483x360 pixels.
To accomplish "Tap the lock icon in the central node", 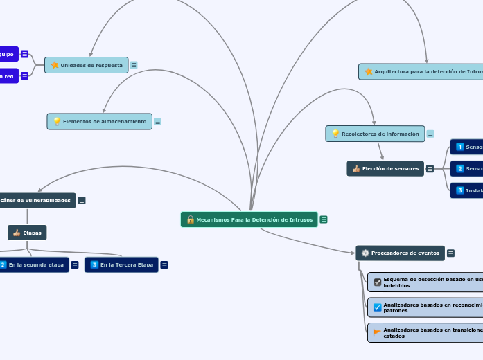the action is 190,219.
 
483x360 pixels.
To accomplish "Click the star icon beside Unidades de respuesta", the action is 55,65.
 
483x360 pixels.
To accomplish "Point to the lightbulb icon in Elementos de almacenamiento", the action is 57,121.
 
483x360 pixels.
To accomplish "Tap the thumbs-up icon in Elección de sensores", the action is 356,168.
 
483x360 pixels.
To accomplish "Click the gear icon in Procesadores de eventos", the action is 365,253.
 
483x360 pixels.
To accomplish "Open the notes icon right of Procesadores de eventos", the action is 451,253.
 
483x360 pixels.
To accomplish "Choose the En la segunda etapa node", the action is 35,264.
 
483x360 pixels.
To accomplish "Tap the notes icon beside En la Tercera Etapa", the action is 164,264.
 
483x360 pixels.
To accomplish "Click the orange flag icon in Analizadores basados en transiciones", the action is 377,332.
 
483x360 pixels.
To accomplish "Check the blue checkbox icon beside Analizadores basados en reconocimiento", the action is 377,307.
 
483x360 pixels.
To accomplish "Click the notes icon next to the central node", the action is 324,219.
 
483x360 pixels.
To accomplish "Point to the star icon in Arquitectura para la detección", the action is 369,71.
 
